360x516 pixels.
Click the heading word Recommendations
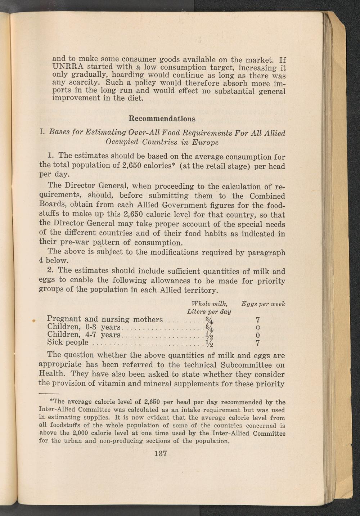click(162, 118)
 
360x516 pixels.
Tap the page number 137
click(161, 453)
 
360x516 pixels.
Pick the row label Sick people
click(68, 342)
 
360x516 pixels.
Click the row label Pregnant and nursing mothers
click(105, 319)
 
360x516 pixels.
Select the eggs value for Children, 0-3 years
click(258, 328)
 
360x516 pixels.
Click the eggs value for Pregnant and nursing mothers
click(258, 320)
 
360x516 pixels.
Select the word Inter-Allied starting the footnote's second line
click(57, 410)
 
